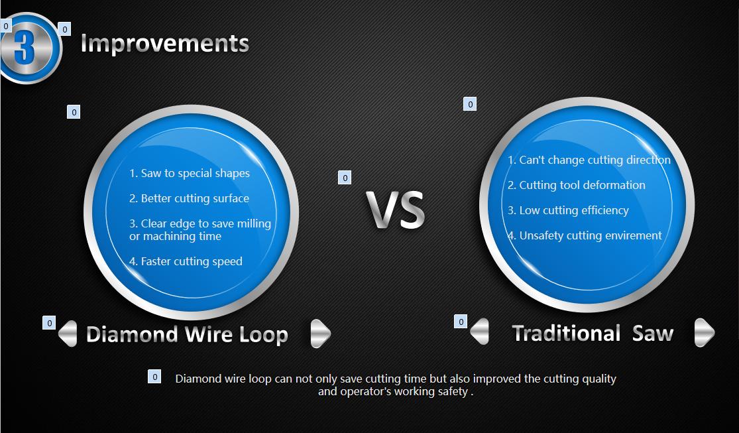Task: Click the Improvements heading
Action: (164, 44)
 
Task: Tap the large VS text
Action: (396, 210)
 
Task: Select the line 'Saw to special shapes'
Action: (190, 173)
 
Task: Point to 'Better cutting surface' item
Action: (190, 198)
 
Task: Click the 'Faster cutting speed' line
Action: (186, 261)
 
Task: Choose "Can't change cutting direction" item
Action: (589, 160)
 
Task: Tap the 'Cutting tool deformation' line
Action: (577, 185)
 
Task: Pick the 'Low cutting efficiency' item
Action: (568, 210)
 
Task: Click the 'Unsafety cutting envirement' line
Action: (585, 235)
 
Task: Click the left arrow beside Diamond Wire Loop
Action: (68, 333)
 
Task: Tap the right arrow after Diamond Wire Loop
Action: (320, 333)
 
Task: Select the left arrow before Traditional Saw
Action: (480, 332)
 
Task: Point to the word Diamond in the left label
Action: (132, 334)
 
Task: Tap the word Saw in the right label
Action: (653, 333)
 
